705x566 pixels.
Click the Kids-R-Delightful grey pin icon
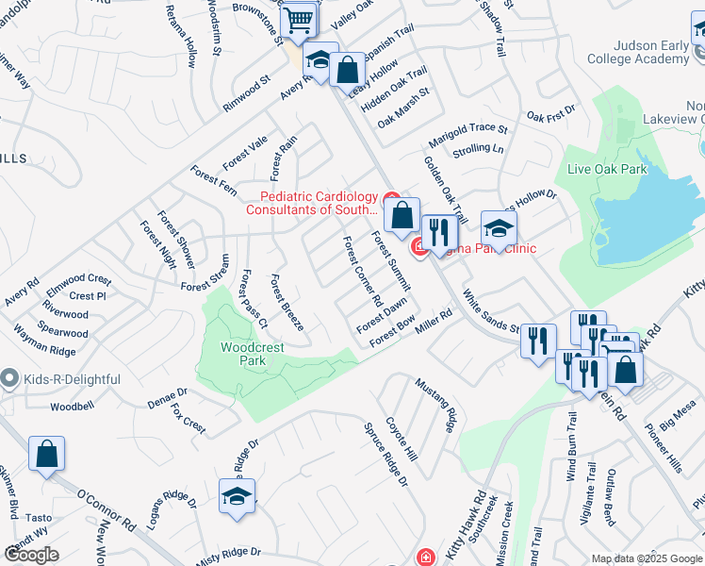click(9, 379)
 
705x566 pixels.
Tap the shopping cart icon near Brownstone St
click(299, 20)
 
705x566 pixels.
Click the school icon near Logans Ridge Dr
click(237, 496)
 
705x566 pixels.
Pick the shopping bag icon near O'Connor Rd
click(46, 454)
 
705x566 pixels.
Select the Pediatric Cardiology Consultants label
click(312, 203)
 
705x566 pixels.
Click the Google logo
click(31, 555)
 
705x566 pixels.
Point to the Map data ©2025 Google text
click(646, 558)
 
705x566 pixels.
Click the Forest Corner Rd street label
click(363, 273)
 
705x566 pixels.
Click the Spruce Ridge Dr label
click(386, 454)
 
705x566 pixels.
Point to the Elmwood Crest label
click(78, 280)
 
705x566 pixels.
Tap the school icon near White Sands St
click(499, 227)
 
